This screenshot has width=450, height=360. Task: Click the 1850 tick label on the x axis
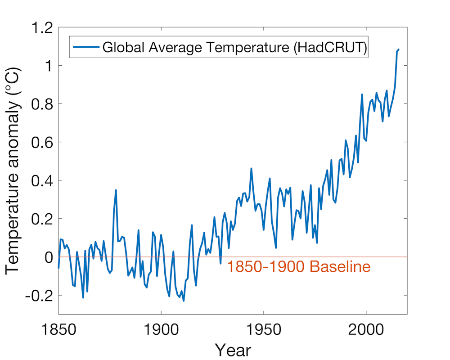point(58,329)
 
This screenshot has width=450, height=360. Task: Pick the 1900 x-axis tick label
point(161,329)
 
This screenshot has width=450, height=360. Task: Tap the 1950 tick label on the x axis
point(264,329)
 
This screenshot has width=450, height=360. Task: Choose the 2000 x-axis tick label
point(366,329)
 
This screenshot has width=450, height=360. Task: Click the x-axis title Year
point(233,350)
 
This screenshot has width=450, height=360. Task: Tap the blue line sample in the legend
point(85,47)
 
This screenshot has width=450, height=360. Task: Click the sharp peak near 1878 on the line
point(116,190)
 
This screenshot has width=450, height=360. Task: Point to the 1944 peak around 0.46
point(251,168)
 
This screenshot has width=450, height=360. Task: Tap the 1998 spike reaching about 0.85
point(362,94)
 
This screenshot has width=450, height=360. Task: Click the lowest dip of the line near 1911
point(184,301)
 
